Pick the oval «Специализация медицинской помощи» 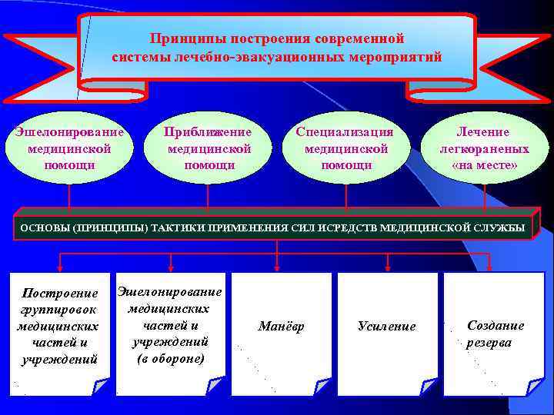tap(346, 148)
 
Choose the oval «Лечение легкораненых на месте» tap(485, 148)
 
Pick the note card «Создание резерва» tap(495, 334)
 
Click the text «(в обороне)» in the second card tap(170, 358)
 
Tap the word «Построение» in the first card tap(61, 293)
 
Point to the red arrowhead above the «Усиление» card tap(388, 268)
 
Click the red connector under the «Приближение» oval tap(208, 197)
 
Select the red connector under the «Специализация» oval tap(345, 197)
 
